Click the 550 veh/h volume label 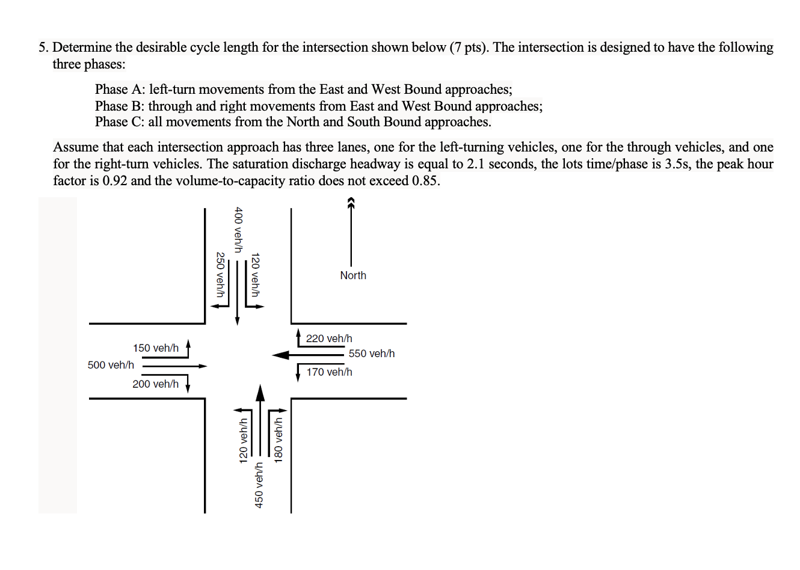point(371,354)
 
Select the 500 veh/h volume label point(111,365)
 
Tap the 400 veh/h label point(238,230)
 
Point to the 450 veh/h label point(259,485)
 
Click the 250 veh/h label point(221,274)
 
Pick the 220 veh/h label point(329,339)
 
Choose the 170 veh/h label point(329,372)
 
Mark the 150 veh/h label point(156,348)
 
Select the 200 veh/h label point(155,384)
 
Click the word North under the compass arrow point(353,275)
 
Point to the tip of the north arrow point(351,201)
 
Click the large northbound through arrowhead point(260,392)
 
